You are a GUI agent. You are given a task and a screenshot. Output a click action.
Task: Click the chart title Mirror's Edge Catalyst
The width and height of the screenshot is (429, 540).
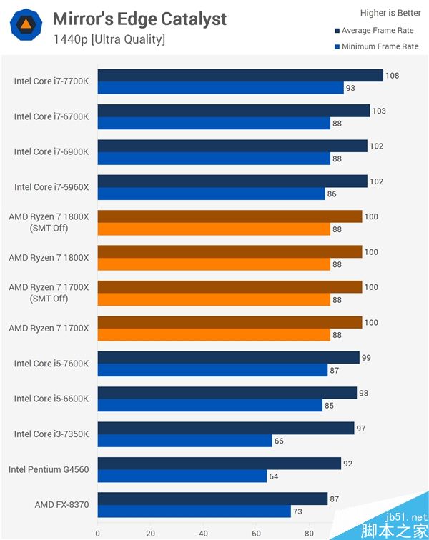(x=139, y=19)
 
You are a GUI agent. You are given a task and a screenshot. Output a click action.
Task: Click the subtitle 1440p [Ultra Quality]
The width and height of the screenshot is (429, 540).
(x=109, y=39)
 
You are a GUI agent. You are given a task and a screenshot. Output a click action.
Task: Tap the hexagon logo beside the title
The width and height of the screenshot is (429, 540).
(x=25, y=26)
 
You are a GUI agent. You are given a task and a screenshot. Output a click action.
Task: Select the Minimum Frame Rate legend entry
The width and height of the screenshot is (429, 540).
(x=380, y=46)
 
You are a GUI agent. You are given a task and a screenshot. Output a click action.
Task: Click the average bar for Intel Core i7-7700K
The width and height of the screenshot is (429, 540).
(x=240, y=75)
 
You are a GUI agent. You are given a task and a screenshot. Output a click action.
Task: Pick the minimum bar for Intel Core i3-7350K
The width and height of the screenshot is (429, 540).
(x=184, y=441)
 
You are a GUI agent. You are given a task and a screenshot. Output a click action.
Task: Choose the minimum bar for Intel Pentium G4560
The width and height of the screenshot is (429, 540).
(x=182, y=476)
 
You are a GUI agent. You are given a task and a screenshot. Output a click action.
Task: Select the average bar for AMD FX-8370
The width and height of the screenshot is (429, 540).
(x=212, y=499)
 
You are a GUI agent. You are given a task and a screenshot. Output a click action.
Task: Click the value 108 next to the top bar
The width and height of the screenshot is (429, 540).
(x=393, y=75)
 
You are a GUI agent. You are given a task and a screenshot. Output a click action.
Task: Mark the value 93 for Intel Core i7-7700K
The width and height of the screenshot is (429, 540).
(x=350, y=88)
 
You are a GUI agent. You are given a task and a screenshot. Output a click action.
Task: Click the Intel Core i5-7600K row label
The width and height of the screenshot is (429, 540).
(x=51, y=364)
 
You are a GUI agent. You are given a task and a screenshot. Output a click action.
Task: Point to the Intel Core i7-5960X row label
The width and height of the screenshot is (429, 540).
(x=51, y=187)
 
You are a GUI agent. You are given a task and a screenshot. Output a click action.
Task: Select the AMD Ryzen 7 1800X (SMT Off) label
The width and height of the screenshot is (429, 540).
(x=49, y=221)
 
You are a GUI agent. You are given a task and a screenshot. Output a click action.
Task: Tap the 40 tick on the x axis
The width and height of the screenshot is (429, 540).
(x=203, y=532)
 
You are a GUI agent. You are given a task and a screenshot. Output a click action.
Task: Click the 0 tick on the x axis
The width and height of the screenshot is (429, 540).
(x=98, y=532)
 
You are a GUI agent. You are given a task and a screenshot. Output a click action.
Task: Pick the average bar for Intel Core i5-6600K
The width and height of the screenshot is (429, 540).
(x=227, y=393)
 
